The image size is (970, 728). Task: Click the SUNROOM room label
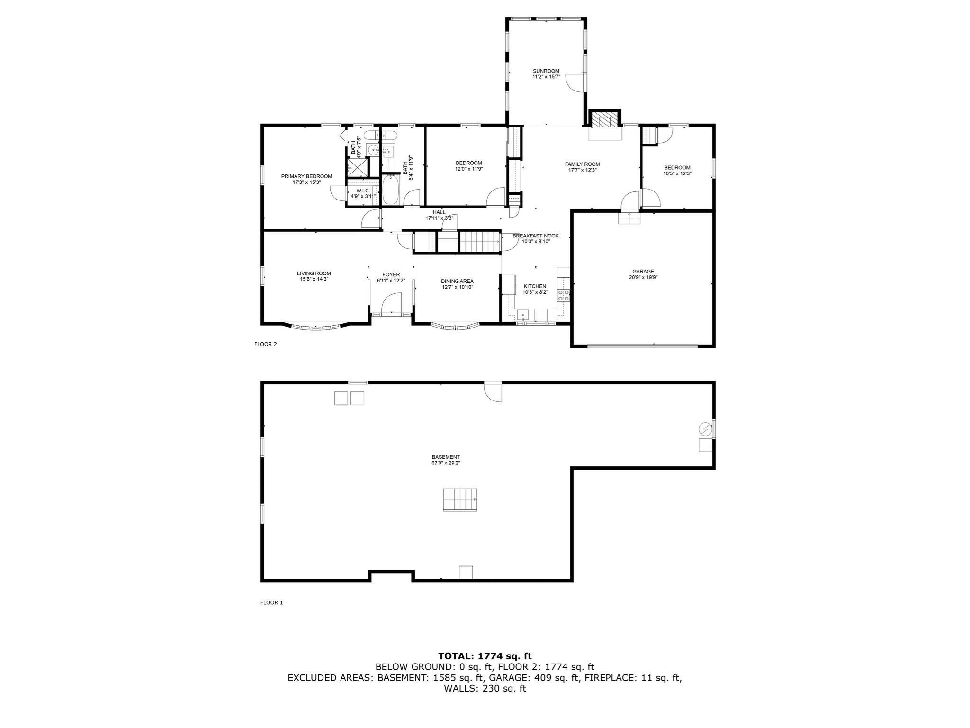[x=546, y=71]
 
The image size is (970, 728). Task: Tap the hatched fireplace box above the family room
[x=604, y=119]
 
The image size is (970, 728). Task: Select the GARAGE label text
[x=642, y=272]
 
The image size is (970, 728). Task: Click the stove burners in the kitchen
[x=564, y=296]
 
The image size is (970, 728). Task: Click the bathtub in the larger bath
[x=391, y=190]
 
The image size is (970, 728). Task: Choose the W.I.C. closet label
[x=363, y=191]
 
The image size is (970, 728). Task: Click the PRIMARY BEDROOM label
[x=306, y=176]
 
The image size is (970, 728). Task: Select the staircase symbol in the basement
[x=460, y=500]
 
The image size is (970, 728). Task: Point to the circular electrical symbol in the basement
[x=705, y=429]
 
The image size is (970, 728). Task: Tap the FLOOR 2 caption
[x=266, y=344]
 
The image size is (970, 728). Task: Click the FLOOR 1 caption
[x=271, y=603]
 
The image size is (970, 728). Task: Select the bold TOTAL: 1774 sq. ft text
[x=485, y=656]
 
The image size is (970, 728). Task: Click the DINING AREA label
[x=457, y=281]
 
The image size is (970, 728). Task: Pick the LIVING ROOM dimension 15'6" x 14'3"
[x=314, y=279]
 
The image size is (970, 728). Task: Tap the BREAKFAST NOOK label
[x=536, y=236]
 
